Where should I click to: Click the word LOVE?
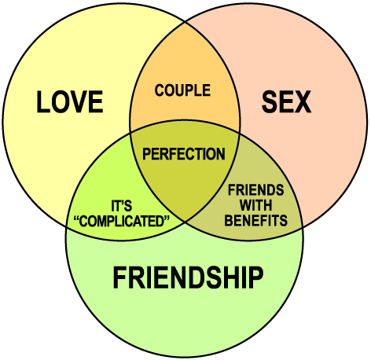[x=70, y=101]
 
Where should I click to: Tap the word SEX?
[x=286, y=101]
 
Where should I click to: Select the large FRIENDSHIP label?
[x=188, y=277]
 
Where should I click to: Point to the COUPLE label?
[x=182, y=90]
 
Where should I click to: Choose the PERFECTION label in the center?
[x=184, y=153]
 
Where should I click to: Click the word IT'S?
[x=122, y=206]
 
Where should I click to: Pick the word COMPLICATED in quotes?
[x=122, y=221]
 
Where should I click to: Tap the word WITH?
[x=256, y=205]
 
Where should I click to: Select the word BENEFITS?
[x=256, y=220]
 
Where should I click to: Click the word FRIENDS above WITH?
[x=256, y=189]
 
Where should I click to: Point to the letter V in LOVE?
[x=78, y=101]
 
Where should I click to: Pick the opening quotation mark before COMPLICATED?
[x=76, y=218]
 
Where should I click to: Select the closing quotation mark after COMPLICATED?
[x=167, y=218]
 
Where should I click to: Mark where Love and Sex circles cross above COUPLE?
[x=185, y=22]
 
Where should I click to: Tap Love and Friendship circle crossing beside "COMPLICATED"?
[x=66, y=227]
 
